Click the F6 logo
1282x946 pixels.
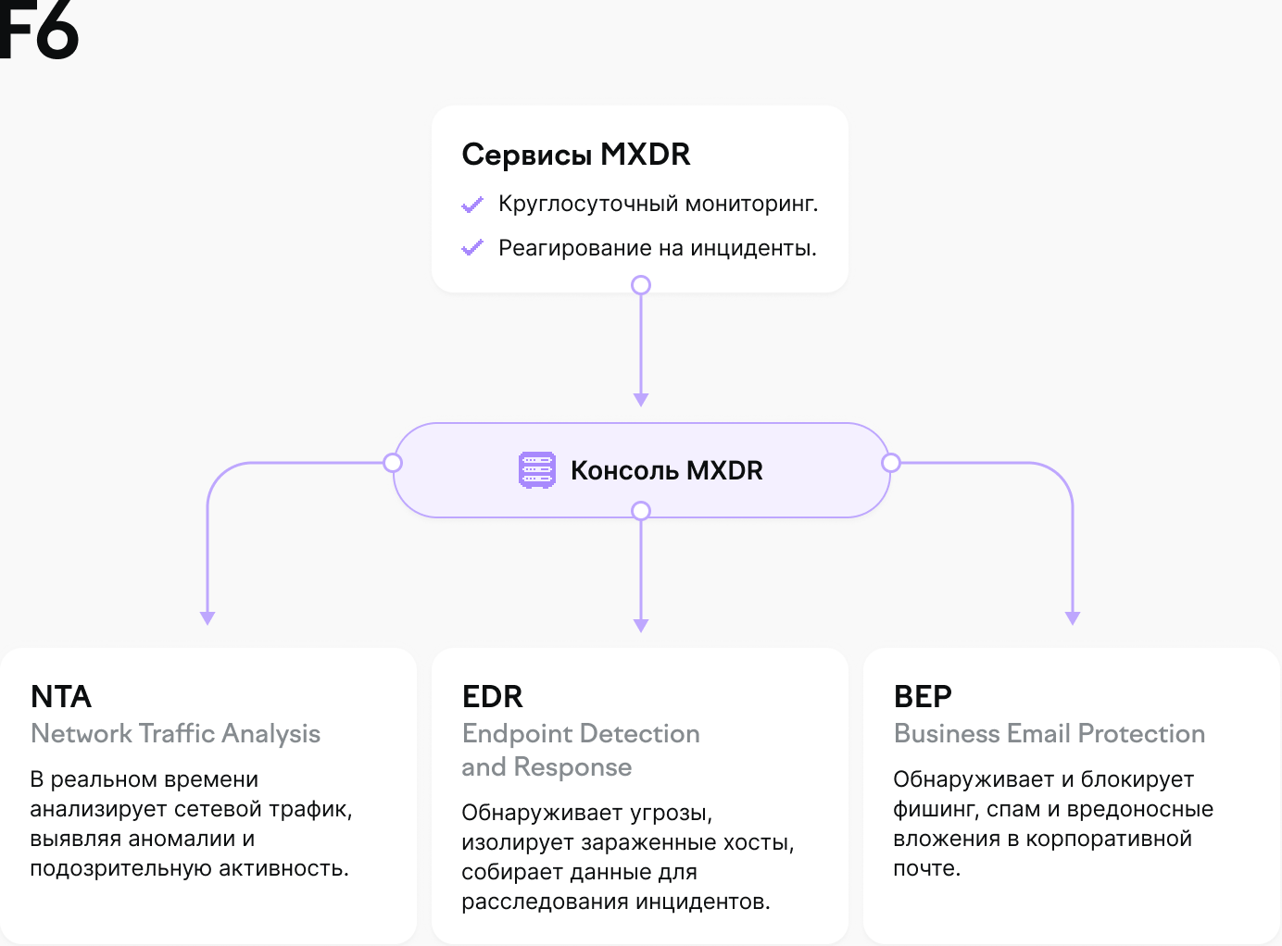click(39, 30)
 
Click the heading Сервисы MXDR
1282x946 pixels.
click(576, 155)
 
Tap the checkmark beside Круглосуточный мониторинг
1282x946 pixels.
click(472, 205)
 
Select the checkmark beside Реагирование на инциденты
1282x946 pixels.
click(472, 248)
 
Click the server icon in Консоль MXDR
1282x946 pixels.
click(537, 470)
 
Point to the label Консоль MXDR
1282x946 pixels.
click(666, 470)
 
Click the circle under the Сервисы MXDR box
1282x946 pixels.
click(641, 285)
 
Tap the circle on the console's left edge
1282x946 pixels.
click(393, 463)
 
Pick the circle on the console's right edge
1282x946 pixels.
click(891, 463)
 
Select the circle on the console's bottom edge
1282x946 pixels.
click(641, 511)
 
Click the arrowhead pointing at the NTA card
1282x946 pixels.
click(207, 618)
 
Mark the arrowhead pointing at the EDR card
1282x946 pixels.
click(641, 626)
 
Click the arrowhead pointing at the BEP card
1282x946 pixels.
click(1073, 618)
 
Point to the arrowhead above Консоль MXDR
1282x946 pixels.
click(641, 400)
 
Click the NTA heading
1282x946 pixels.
click(61, 696)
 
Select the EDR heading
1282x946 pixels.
click(493, 696)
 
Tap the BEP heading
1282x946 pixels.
click(923, 696)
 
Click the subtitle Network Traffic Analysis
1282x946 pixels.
click(176, 734)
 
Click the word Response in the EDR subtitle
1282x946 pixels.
click(572, 767)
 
